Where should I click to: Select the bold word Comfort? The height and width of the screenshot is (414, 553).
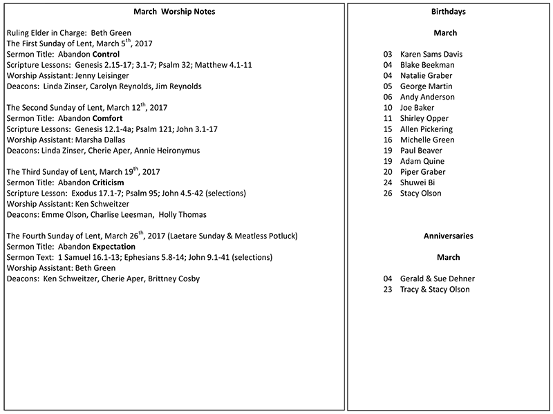(106, 118)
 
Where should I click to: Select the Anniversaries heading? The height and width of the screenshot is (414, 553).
(448, 236)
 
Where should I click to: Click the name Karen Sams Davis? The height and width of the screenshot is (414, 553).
(431, 55)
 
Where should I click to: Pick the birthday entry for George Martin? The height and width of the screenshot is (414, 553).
(427, 86)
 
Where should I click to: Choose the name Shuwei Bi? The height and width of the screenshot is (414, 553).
(419, 182)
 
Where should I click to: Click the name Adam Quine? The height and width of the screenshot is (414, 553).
(423, 161)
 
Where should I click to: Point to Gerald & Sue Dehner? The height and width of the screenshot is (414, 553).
(438, 279)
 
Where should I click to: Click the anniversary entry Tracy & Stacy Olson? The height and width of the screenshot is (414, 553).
(435, 290)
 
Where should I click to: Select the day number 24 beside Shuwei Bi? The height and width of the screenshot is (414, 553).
(388, 182)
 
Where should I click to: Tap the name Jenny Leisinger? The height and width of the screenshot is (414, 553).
(102, 75)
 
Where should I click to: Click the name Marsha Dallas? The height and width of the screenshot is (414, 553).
(102, 140)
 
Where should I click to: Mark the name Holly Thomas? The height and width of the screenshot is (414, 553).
(183, 215)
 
